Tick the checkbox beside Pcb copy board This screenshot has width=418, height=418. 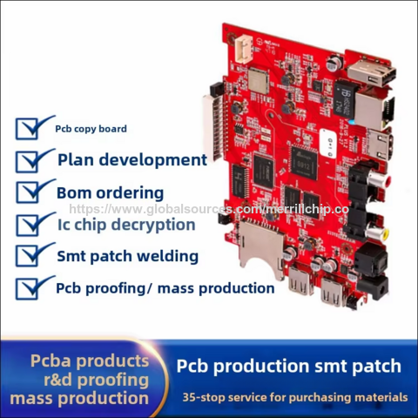click(x=27, y=129)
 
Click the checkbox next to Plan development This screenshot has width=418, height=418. click(x=27, y=161)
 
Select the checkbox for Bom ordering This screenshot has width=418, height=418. click(x=27, y=192)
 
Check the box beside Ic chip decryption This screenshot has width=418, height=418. click(x=27, y=225)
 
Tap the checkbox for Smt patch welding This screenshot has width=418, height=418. click(x=27, y=256)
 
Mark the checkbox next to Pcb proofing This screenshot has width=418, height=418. click(x=27, y=288)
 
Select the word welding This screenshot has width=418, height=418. click(x=168, y=256)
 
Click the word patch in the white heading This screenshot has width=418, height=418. click(x=376, y=367)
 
